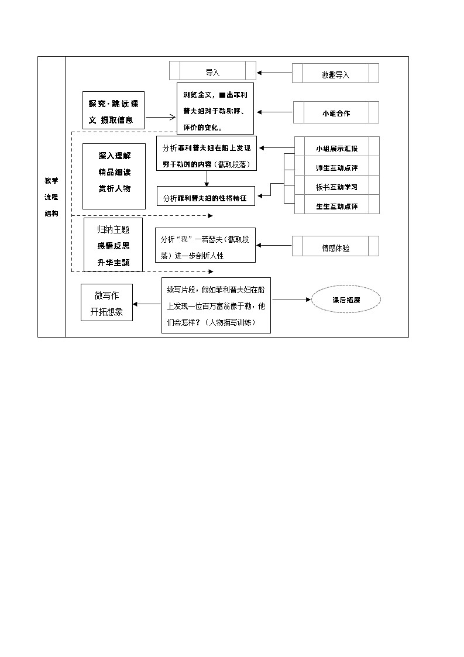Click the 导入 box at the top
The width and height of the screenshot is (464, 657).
(x=212, y=73)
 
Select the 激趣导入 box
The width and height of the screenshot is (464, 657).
(x=335, y=74)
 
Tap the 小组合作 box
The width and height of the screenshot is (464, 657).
(x=336, y=113)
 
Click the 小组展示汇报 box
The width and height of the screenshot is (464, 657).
(x=336, y=148)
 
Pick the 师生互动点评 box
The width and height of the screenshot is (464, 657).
(x=336, y=167)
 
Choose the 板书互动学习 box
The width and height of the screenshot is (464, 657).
(x=336, y=187)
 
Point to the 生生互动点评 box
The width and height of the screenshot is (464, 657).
(x=336, y=206)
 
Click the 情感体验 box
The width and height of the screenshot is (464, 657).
(x=335, y=247)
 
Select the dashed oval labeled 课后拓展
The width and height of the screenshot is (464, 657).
(x=346, y=300)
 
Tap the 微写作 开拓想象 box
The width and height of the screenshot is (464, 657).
(x=106, y=303)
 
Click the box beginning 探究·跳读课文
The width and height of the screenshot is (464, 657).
(x=113, y=111)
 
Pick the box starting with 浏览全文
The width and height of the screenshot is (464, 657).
(x=215, y=109)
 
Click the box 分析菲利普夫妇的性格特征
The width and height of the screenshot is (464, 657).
(x=206, y=197)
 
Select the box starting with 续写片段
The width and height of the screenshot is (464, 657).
(x=216, y=305)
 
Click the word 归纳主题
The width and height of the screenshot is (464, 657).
(x=114, y=229)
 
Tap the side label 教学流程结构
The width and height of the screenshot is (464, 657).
(x=51, y=197)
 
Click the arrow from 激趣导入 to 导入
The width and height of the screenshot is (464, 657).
(x=274, y=73)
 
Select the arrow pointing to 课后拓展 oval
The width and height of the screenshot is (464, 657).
(x=291, y=300)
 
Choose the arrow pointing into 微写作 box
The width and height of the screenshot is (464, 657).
(x=147, y=304)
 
